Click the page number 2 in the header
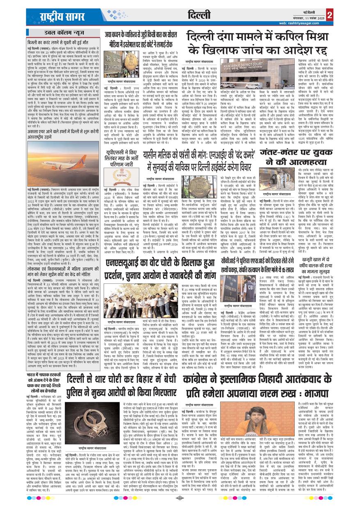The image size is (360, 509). tap(330, 15)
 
